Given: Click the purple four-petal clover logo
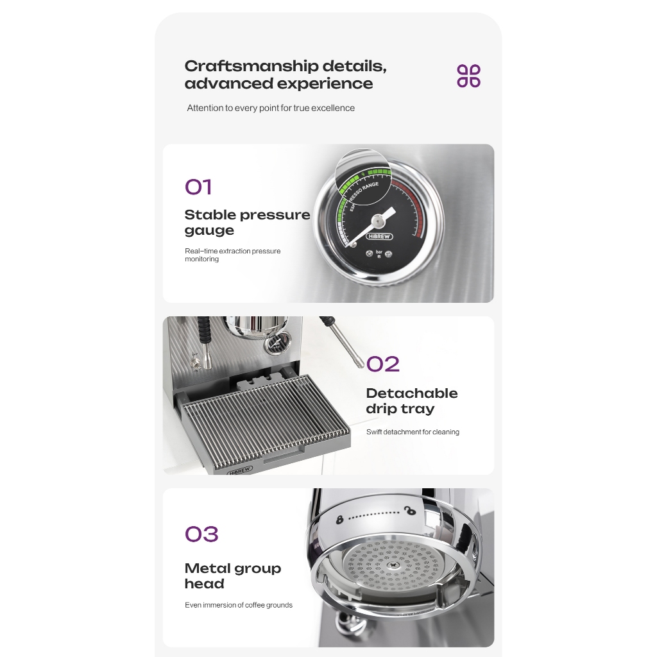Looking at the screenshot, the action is click(x=468, y=76).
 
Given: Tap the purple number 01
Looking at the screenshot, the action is click(x=198, y=187).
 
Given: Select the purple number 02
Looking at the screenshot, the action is click(x=382, y=364).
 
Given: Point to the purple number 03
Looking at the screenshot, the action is click(x=201, y=534).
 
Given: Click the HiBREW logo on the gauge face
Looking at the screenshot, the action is click(x=379, y=236).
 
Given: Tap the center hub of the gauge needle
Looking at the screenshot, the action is click(x=378, y=219).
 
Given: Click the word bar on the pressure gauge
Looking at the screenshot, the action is click(x=379, y=252).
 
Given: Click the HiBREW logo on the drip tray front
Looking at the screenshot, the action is click(x=240, y=470).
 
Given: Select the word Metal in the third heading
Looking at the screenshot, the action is click(x=207, y=568).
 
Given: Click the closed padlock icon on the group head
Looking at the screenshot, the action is click(x=339, y=520).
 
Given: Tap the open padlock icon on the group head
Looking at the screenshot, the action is click(x=410, y=511).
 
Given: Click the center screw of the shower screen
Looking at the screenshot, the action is click(x=393, y=565).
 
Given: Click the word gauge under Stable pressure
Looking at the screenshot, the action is click(x=210, y=230).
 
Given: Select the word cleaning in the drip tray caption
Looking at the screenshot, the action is click(x=446, y=432).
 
